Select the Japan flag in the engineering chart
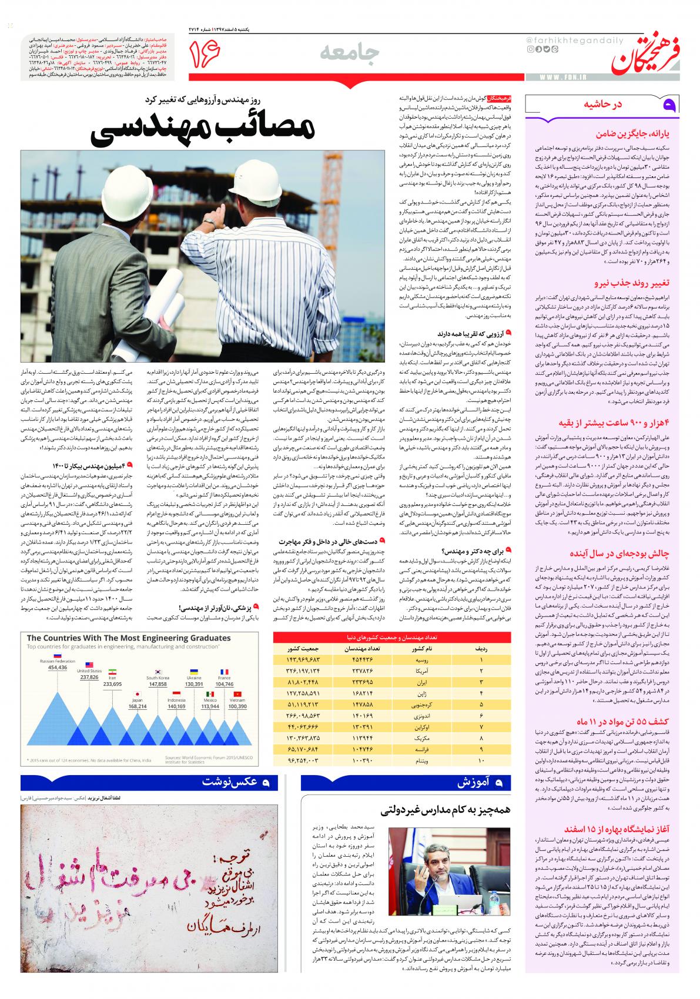coord(137,683)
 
